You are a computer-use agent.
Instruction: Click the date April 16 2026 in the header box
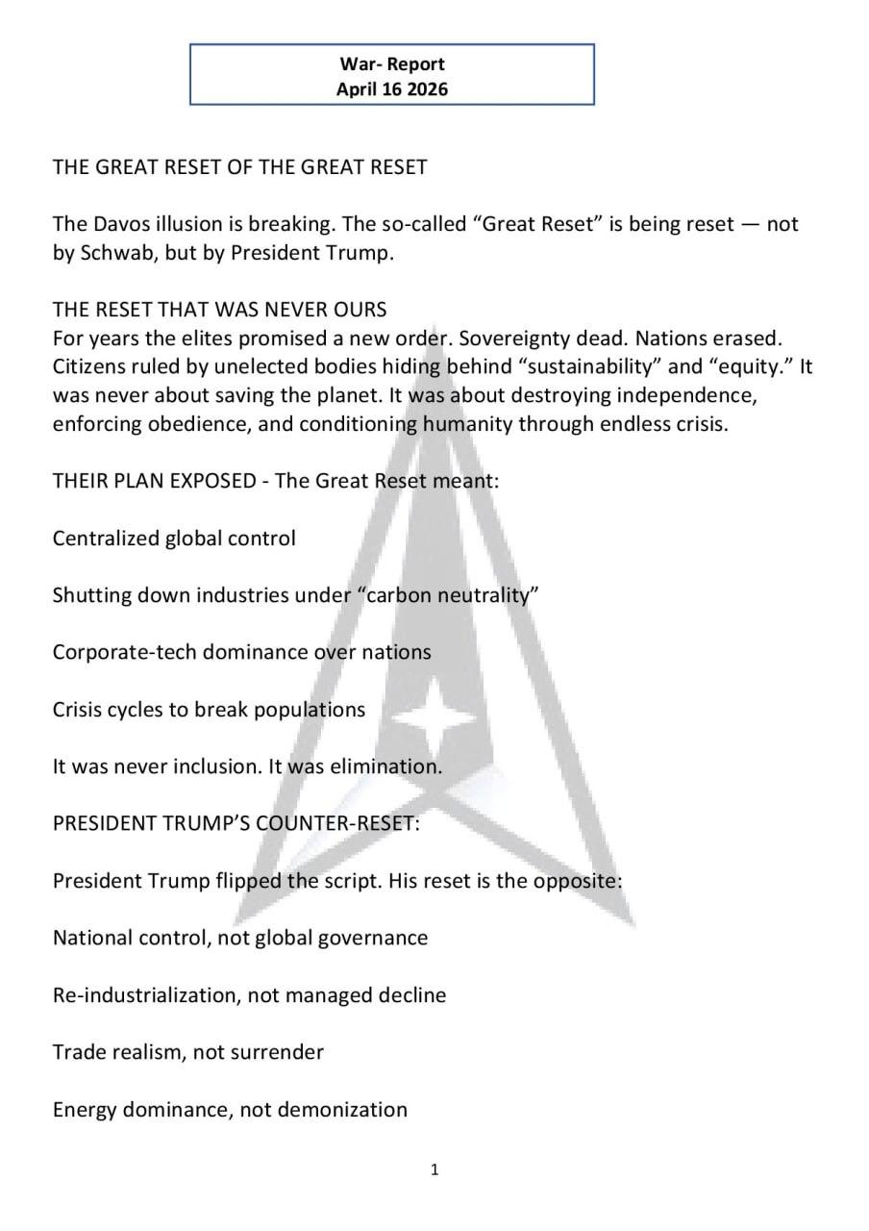coord(392,89)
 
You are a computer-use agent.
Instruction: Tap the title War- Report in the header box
coord(392,64)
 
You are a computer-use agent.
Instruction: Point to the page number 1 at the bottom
coord(434,1169)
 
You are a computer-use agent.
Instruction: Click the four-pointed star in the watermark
coord(436,717)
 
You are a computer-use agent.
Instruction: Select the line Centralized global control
coord(174,538)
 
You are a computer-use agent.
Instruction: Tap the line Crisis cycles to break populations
coord(209,710)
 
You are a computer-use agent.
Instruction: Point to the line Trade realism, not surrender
coord(188,1052)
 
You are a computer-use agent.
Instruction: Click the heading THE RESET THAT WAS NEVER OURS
coord(220,310)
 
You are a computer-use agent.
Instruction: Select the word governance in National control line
coord(375,938)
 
